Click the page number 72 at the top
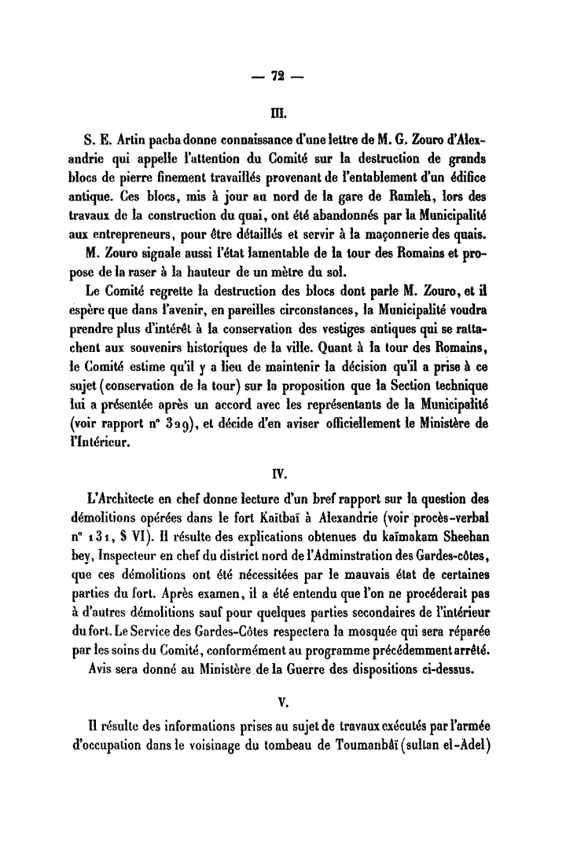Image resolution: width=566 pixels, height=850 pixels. pyautogui.click(x=277, y=75)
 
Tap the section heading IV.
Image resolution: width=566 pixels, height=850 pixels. pyautogui.click(x=277, y=474)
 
